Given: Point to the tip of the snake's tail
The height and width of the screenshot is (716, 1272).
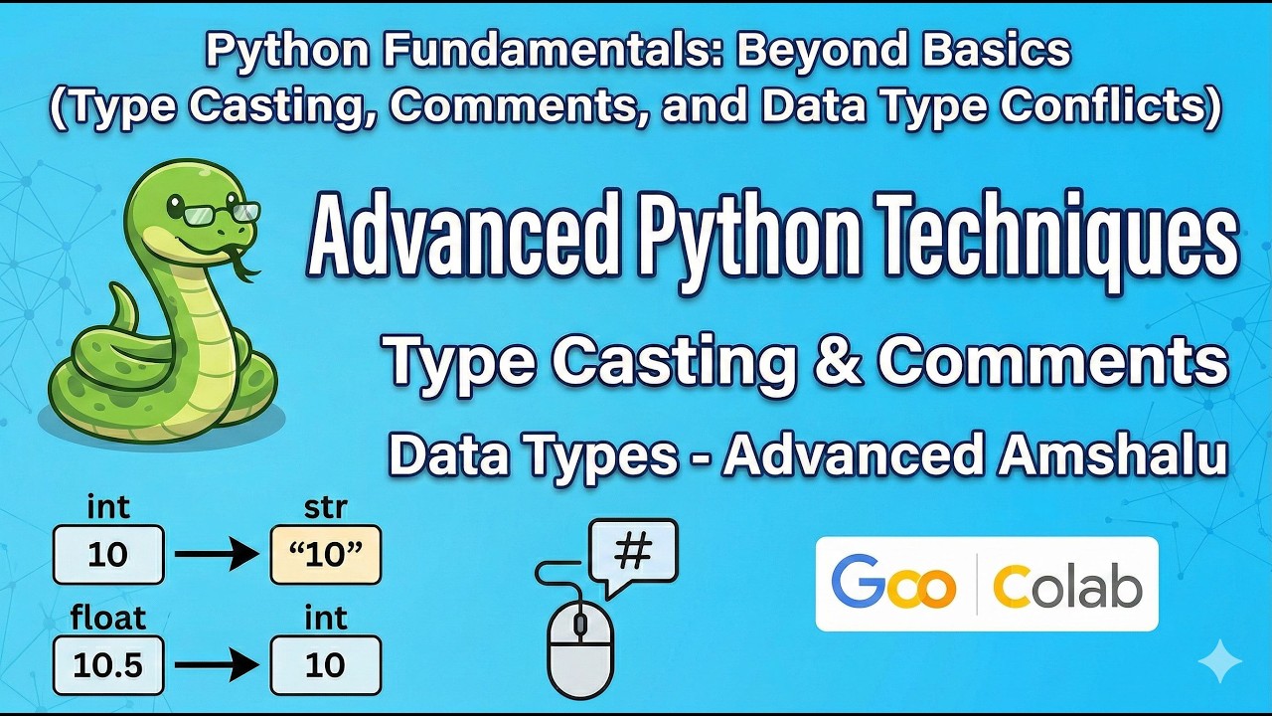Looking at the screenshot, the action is (x=117, y=288).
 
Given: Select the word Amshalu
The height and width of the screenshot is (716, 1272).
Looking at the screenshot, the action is (x=1112, y=455).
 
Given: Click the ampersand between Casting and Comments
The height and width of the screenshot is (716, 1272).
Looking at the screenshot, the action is (x=834, y=361).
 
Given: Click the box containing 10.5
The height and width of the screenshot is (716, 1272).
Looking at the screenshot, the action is (x=108, y=665).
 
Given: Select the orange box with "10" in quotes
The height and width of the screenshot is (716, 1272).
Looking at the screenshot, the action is (x=325, y=555).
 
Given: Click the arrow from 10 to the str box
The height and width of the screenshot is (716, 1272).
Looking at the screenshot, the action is (x=217, y=554).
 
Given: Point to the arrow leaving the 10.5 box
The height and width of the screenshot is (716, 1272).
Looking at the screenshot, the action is (x=217, y=664).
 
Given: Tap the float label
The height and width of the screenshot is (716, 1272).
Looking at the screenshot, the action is (x=108, y=618).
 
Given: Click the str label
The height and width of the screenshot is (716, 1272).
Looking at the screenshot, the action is (x=325, y=507).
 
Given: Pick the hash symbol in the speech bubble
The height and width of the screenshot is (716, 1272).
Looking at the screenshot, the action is (x=633, y=552).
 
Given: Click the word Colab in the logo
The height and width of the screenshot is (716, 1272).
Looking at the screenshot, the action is (x=1067, y=585).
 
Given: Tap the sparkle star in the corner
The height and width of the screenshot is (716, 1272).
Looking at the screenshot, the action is (x=1219, y=661).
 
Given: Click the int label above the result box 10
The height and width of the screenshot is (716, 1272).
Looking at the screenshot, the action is (x=325, y=618).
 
